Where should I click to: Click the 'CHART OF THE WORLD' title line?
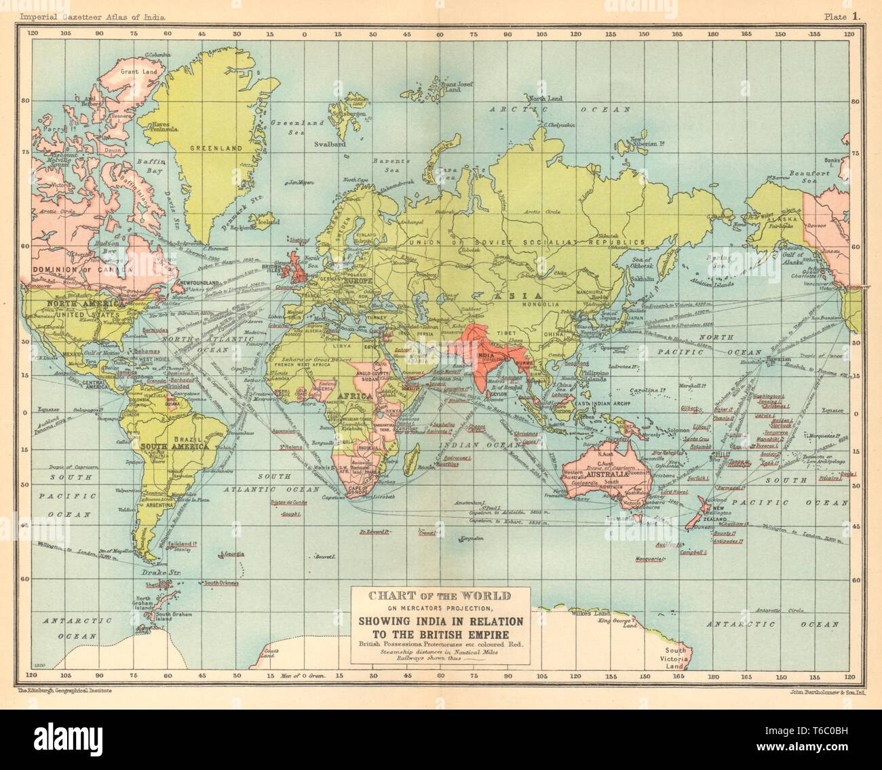coord(438,597)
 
